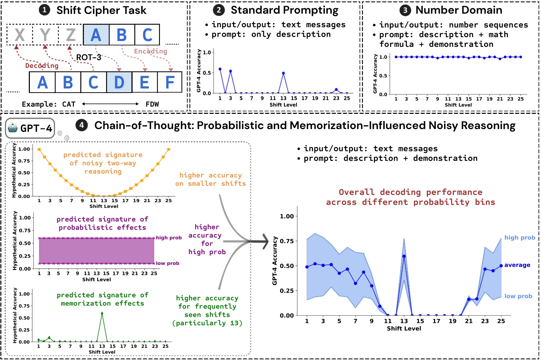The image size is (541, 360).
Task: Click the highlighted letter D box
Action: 119,83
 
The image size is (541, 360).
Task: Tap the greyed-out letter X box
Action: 19,35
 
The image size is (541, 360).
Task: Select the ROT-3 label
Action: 89,57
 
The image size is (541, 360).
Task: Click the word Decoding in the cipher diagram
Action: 42,66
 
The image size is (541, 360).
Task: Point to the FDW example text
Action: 152,104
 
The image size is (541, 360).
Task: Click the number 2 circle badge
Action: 219,10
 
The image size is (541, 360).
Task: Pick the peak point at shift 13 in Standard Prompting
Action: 283,73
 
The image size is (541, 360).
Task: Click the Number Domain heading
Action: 459,10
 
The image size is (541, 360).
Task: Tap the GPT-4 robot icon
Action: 13,128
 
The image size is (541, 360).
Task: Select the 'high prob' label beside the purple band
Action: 169,237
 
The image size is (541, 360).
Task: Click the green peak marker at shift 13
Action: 102,314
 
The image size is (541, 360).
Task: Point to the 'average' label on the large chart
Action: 517,265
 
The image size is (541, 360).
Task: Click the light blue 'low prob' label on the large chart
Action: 518,296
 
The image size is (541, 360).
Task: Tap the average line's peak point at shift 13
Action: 404,256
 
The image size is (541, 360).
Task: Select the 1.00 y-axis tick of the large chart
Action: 287,216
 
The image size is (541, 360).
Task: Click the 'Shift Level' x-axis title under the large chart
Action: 404,328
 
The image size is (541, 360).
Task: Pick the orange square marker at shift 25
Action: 169,149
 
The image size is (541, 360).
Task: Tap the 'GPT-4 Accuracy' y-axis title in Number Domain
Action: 375,74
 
